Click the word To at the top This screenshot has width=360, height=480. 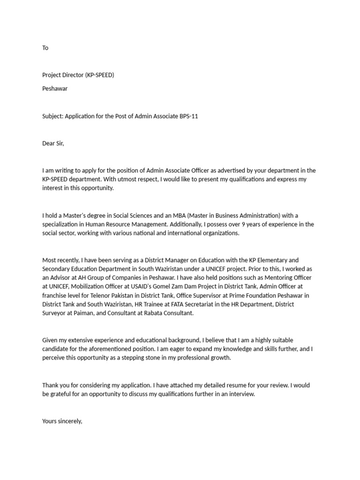[x=45, y=48]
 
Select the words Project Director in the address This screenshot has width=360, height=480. [x=63, y=75]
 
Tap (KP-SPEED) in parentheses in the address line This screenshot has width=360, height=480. [x=99, y=75]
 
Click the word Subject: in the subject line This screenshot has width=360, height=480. [x=52, y=116]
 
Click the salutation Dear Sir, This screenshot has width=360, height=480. [x=53, y=143]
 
